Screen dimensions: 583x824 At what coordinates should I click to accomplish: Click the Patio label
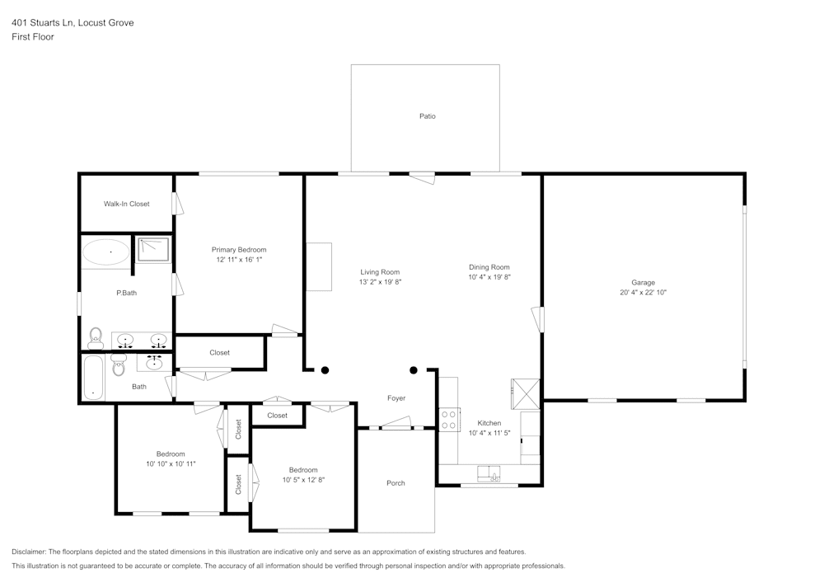click(x=427, y=116)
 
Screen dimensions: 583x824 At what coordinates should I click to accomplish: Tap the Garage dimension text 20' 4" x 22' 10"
click(x=643, y=293)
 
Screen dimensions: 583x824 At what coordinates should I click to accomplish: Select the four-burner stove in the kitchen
click(x=449, y=420)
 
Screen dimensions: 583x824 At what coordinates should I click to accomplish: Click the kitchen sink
click(x=489, y=473)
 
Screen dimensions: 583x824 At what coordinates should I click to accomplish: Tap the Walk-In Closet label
click(x=126, y=204)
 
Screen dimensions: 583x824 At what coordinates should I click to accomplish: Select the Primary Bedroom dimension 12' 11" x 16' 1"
click(x=239, y=260)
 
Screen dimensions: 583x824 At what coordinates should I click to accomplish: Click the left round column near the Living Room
click(x=325, y=370)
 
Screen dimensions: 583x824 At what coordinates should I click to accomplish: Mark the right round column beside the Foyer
click(x=414, y=370)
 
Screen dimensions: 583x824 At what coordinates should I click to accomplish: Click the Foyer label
click(x=396, y=398)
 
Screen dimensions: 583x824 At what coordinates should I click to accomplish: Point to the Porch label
click(x=396, y=483)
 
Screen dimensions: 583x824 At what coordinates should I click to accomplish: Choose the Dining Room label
click(x=489, y=267)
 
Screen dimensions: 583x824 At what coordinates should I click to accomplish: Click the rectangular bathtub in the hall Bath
click(x=94, y=378)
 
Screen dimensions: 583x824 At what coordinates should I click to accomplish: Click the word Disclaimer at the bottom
click(x=31, y=552)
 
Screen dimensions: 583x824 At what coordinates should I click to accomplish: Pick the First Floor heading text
click(x=33, y=37)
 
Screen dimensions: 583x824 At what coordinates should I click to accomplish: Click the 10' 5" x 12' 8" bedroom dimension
click(x=303, y=480)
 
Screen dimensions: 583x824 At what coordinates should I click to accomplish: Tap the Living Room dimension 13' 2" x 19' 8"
click(x=380, y=282)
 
